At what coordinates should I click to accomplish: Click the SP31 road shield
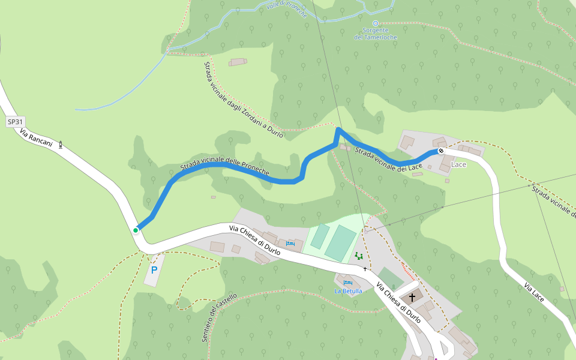pos(15,122)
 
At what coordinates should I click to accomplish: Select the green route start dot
pos(136,230)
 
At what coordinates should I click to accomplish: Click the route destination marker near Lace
pos(441,151)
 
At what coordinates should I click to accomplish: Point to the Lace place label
pos(458,164)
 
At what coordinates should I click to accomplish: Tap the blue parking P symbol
pos(154,270)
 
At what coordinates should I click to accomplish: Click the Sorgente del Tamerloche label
pos(376,34)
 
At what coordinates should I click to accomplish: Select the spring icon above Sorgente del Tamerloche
pos(376,23)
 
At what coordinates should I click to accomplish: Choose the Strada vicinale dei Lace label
pos(389,159)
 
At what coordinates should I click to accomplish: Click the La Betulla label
pos(348,291)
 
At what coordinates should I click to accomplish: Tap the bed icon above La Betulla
pos(347,282)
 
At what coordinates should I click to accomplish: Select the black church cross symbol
pos(412,297)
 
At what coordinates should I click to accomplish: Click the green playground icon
pos(359,256)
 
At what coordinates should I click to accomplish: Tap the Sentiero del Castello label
pos(219,317)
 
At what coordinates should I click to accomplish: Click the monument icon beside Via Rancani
pos(60,144)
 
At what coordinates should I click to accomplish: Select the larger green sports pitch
pos(341,243)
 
